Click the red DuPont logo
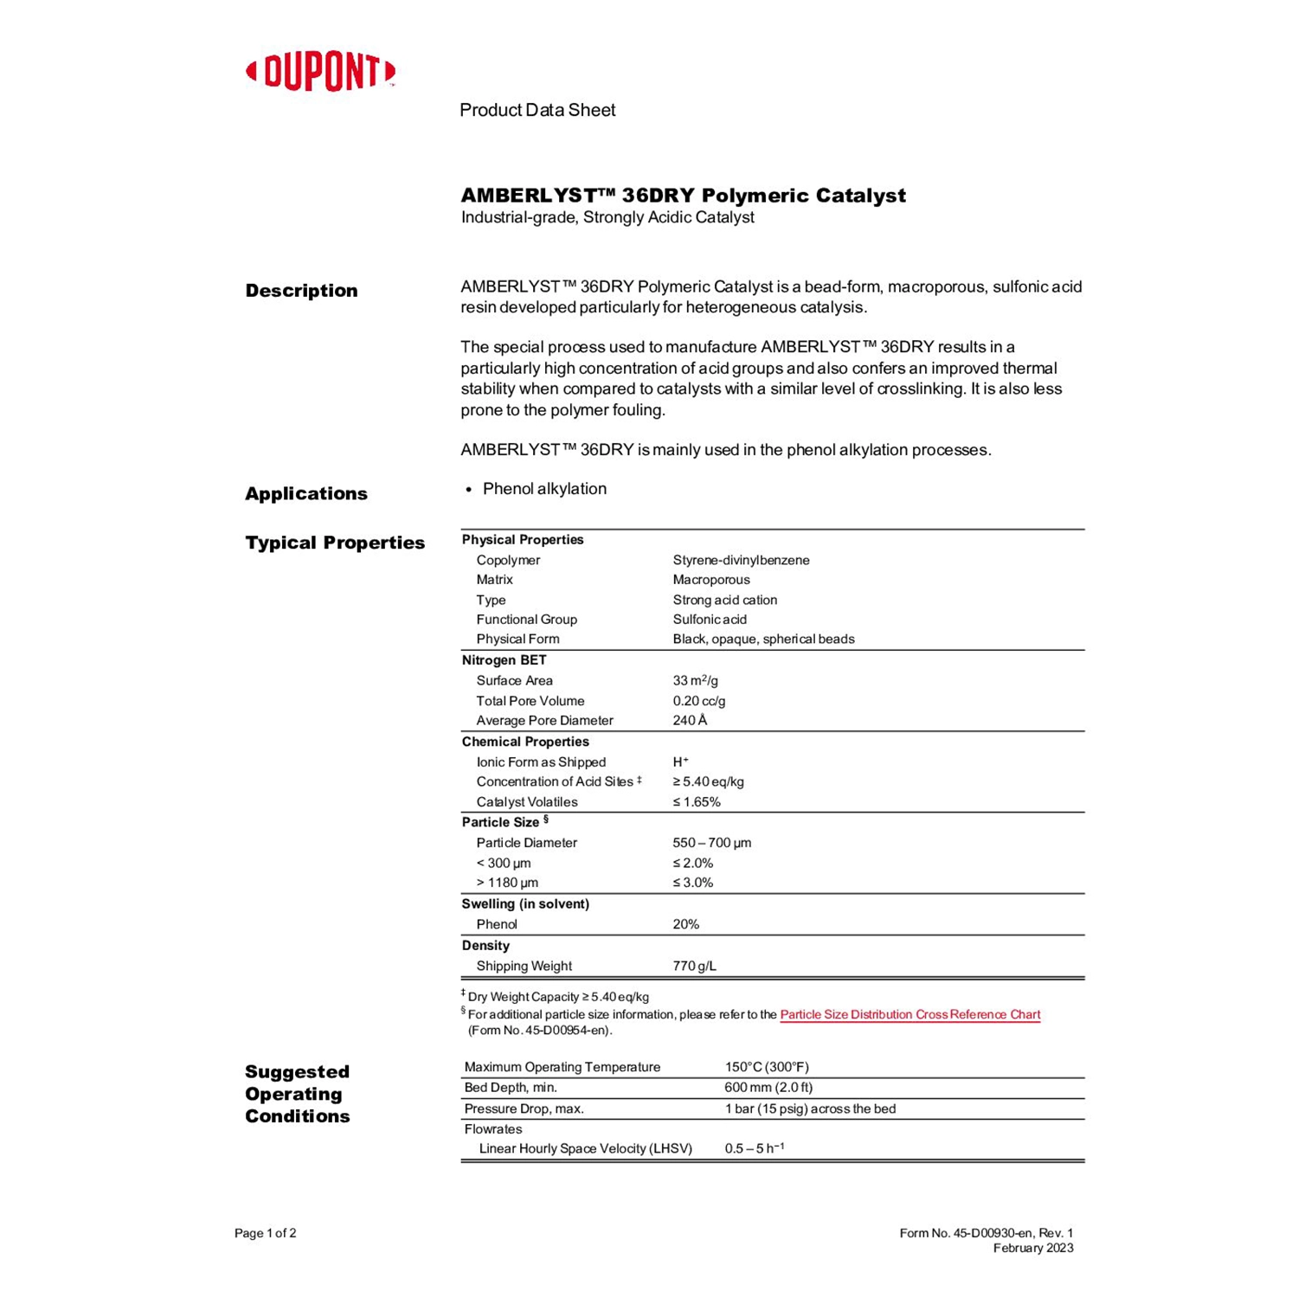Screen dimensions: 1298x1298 pos(320,72)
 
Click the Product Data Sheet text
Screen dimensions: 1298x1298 pos(537,110)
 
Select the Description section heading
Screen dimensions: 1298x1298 pos(301,291)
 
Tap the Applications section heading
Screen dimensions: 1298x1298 pos(306,494)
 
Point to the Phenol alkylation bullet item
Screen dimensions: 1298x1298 pos(544,489)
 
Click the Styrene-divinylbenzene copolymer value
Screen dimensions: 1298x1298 pos(741,560)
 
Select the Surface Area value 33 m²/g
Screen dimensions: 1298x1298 pos(695,681)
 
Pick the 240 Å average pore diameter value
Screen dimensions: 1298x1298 pos(690,721)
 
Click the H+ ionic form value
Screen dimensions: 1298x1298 pos(680,762)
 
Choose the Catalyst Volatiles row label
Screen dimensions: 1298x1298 pos(526,802)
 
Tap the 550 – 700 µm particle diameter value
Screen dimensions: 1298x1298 pos(711,843)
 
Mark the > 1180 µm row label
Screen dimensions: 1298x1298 pos(507,883)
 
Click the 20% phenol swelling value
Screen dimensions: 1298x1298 pos(685,924)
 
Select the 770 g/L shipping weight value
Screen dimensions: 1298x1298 pos(694,966)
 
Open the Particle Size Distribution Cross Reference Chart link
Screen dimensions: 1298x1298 pos(909,1014)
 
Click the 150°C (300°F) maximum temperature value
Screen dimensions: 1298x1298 pos(767,1067)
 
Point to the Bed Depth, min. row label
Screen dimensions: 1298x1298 pos(511,1088)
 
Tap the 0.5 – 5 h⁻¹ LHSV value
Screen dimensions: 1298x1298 pos(754,1148)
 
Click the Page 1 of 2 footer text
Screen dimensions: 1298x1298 pos(266,1233)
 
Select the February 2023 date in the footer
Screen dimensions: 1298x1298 pos(1032,1248)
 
